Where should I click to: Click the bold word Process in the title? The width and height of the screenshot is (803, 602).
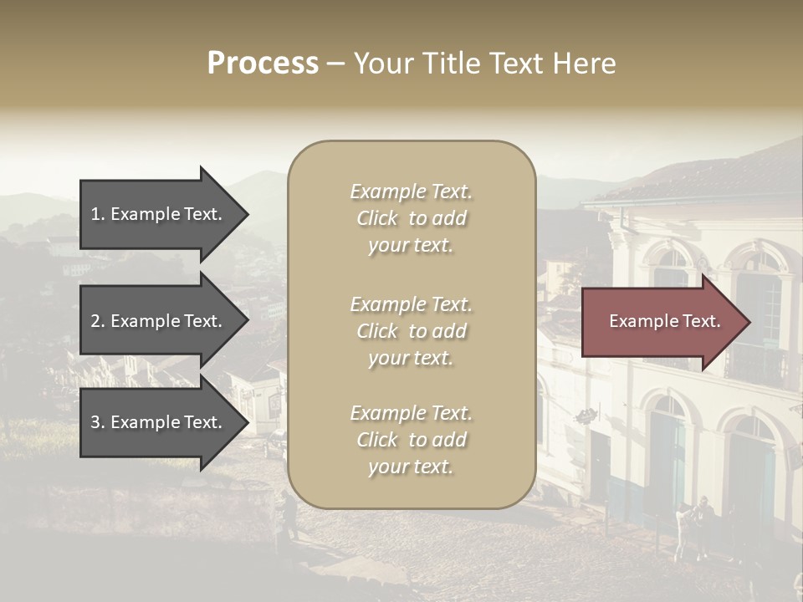click(263, 64)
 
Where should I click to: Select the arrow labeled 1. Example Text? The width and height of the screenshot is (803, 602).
click(159, 214)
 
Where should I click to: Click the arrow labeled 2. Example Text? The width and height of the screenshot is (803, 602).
click(159, 321)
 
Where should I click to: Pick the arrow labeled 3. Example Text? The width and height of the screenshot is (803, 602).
click(159, 423)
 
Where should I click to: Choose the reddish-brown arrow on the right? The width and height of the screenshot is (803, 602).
click(661, 321)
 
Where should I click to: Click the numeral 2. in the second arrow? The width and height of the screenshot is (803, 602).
click(98, 321)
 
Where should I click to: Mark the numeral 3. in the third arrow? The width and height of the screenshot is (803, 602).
click(98, 423)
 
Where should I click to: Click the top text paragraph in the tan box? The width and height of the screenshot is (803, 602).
click(411, 218)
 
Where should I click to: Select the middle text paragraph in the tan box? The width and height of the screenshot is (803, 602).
click(411, 331)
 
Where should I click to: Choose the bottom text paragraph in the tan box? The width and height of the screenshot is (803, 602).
click(411, 440)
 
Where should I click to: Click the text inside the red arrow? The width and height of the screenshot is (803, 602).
click(664, 321)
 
